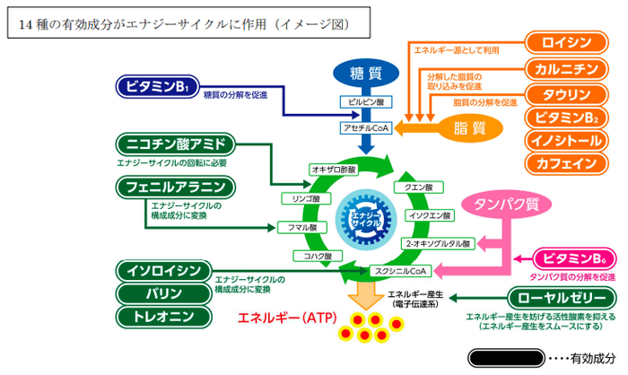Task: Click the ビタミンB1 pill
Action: pyautogui.click(x=155, y=87)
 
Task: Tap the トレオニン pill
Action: pyautogui.click(x=163, y=316)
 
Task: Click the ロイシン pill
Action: pyautogui.click(x=570, y=42)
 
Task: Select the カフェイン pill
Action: pyautogui.click(x=570, y=163)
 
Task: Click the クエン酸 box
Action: pyautogui.click(x=419, y=187)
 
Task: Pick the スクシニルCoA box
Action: pyautogui.click(x=401, y=270)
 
